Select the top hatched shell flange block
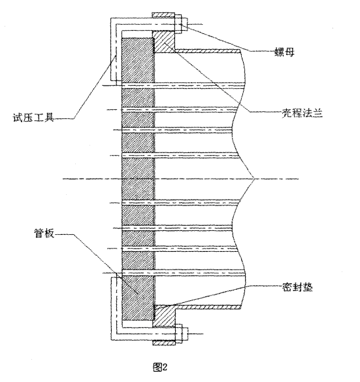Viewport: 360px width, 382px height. [163, 42]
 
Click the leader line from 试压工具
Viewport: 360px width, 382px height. [91, 85]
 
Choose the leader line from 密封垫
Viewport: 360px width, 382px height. [216, 295]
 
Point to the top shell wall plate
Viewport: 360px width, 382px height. [209, 50]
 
